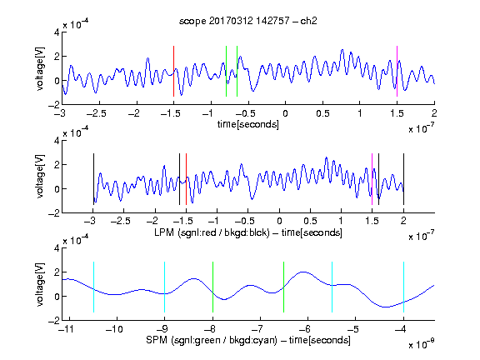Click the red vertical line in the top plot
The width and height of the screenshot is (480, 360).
point(173,72)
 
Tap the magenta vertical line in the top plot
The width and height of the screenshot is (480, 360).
point(397,72)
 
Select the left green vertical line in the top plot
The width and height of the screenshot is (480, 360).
point(226,72)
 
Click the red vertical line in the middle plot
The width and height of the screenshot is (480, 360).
point(186,179)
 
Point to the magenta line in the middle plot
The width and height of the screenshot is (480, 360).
point(372,179)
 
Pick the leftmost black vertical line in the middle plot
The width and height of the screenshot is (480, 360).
point(93,179)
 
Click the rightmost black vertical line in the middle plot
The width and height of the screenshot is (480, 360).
point(403,179)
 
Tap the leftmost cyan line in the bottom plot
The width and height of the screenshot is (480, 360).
point(93,287)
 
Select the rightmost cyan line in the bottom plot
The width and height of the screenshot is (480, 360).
point(403,287)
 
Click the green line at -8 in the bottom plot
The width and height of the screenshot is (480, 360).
point(212,287)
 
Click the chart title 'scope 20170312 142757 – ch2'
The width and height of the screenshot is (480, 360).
point(248,21)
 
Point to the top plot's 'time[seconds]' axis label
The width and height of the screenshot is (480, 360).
point(248,124)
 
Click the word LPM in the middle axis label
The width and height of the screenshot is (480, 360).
point(164,232)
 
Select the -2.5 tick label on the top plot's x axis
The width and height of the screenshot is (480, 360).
point(96,113)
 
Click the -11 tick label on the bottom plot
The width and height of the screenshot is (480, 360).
point(66,329)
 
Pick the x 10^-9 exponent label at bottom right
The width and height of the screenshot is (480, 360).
point(422,344)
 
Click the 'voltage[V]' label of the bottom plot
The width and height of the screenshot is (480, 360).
point(40,284)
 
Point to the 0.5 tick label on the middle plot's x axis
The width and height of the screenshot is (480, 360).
point(310,221)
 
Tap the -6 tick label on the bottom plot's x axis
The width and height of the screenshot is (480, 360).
point(305,329)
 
